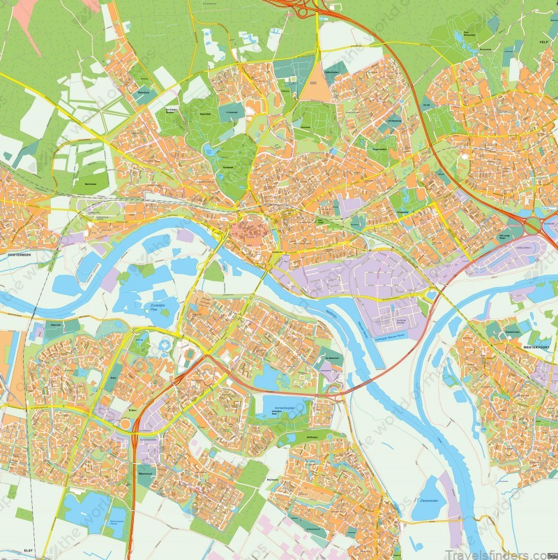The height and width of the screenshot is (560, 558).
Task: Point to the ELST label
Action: tap(29, 550)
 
